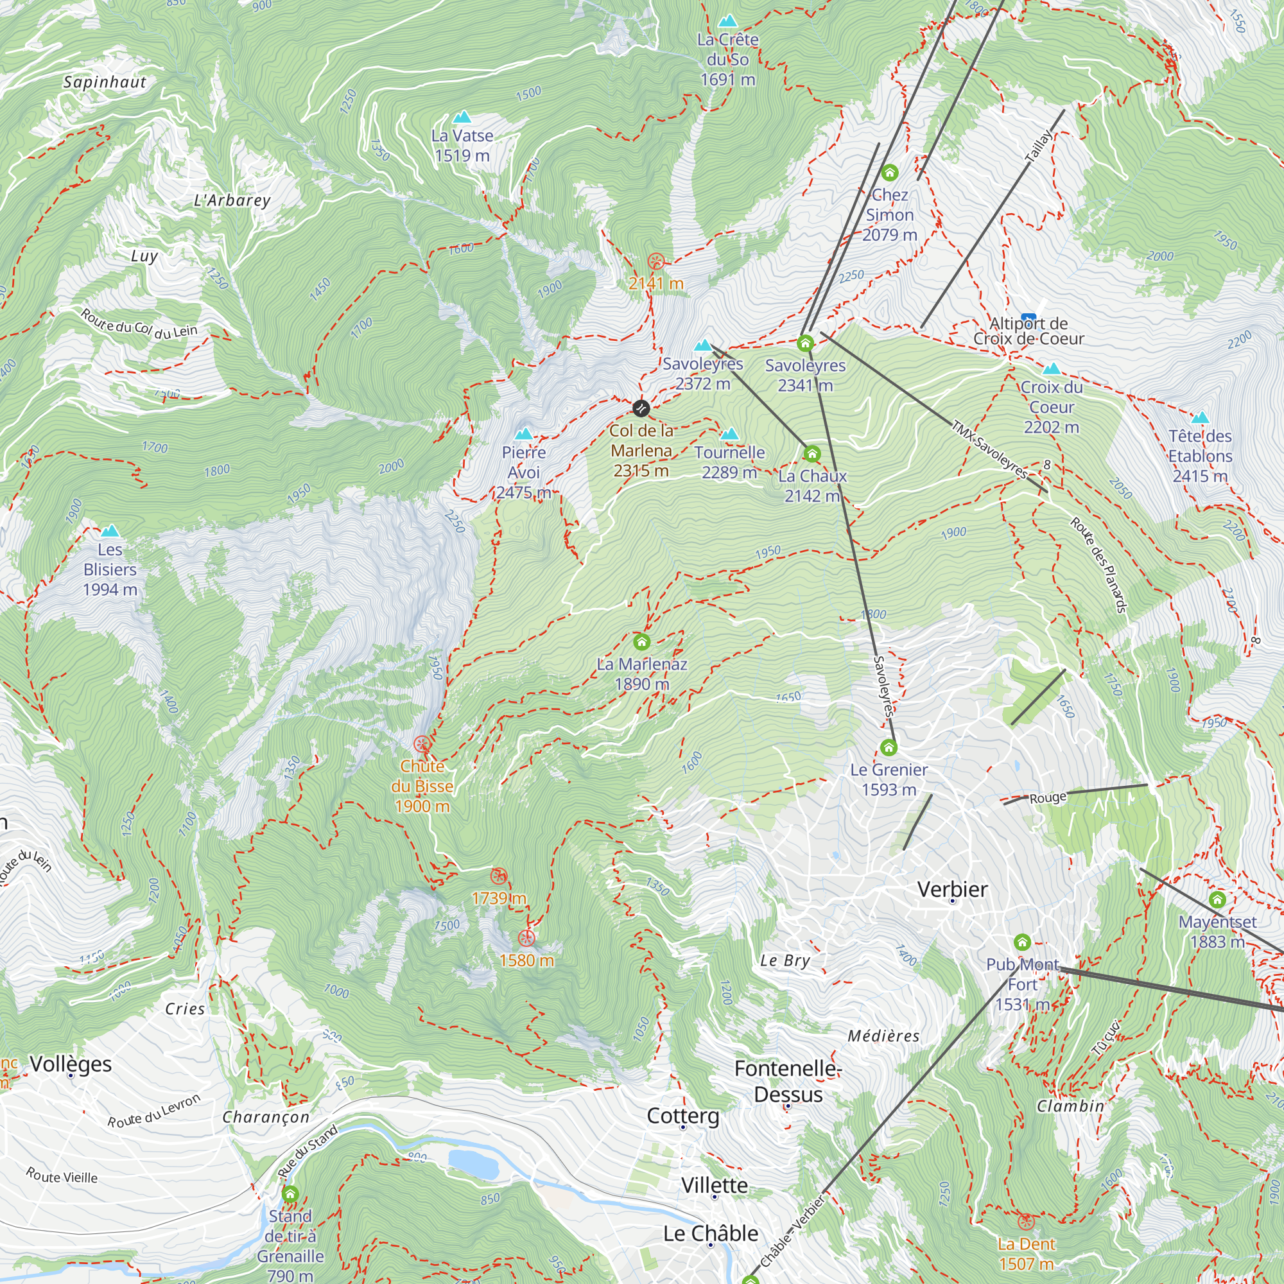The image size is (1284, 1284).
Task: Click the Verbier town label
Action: (x=951, y=889)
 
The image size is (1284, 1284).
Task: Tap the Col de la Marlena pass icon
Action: (x=641, y=408)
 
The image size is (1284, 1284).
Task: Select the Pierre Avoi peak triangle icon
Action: (x=524, y=434)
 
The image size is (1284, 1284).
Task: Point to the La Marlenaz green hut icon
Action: (x=641, y=641)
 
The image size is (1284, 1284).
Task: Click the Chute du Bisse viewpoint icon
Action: (x=421, y=743)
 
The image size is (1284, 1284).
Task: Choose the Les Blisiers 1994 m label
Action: (x=110, y=569)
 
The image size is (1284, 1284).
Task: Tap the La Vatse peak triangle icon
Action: (x=462, y=117)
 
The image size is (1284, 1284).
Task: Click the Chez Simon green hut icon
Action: (x=890, y=173)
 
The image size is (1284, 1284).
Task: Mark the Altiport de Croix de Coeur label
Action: (x=1028, y=331)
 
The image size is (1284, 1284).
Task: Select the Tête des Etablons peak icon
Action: (x=1200, y=418)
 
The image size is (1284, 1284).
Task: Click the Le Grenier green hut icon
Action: (x=889, y=748)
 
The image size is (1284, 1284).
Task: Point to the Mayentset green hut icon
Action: (x=1217, y=900)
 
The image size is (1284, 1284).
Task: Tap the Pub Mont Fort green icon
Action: (x=1022, y=942)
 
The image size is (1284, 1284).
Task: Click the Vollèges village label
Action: (x=71, y=1064)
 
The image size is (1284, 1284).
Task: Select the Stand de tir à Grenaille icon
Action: (x=290, y=1194)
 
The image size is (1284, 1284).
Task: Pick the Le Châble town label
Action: (x=711, y=1233)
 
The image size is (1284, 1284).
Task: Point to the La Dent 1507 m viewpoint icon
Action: (x=1026, y=1222)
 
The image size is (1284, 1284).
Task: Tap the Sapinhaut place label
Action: (x=105, y=82)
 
